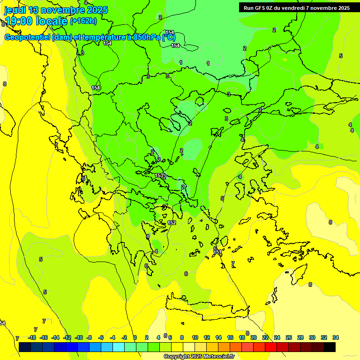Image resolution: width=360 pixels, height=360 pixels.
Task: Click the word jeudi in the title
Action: (15, 10)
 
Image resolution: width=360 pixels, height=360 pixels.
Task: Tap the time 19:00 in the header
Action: (21, 21)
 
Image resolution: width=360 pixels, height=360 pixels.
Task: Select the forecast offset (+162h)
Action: (83, 21)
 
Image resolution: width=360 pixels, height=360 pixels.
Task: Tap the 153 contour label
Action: (159, 175)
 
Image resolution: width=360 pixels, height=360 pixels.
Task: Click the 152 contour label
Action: (172, 223)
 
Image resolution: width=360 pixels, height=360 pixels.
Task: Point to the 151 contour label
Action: (217, 252)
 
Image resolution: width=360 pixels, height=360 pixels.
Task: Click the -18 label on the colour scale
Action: (32, 337)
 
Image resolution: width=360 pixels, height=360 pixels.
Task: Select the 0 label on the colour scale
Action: (135, 337)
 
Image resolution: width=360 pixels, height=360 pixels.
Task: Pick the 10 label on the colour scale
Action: (195, 337)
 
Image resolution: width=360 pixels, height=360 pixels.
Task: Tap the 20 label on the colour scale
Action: (253, 337)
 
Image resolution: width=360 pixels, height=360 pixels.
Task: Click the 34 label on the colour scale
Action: (336, 337)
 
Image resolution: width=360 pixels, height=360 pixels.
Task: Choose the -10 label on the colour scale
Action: (79, 337)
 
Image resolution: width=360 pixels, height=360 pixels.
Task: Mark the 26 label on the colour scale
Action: (288, 337)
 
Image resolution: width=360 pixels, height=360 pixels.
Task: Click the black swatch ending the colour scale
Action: (330, 347)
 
